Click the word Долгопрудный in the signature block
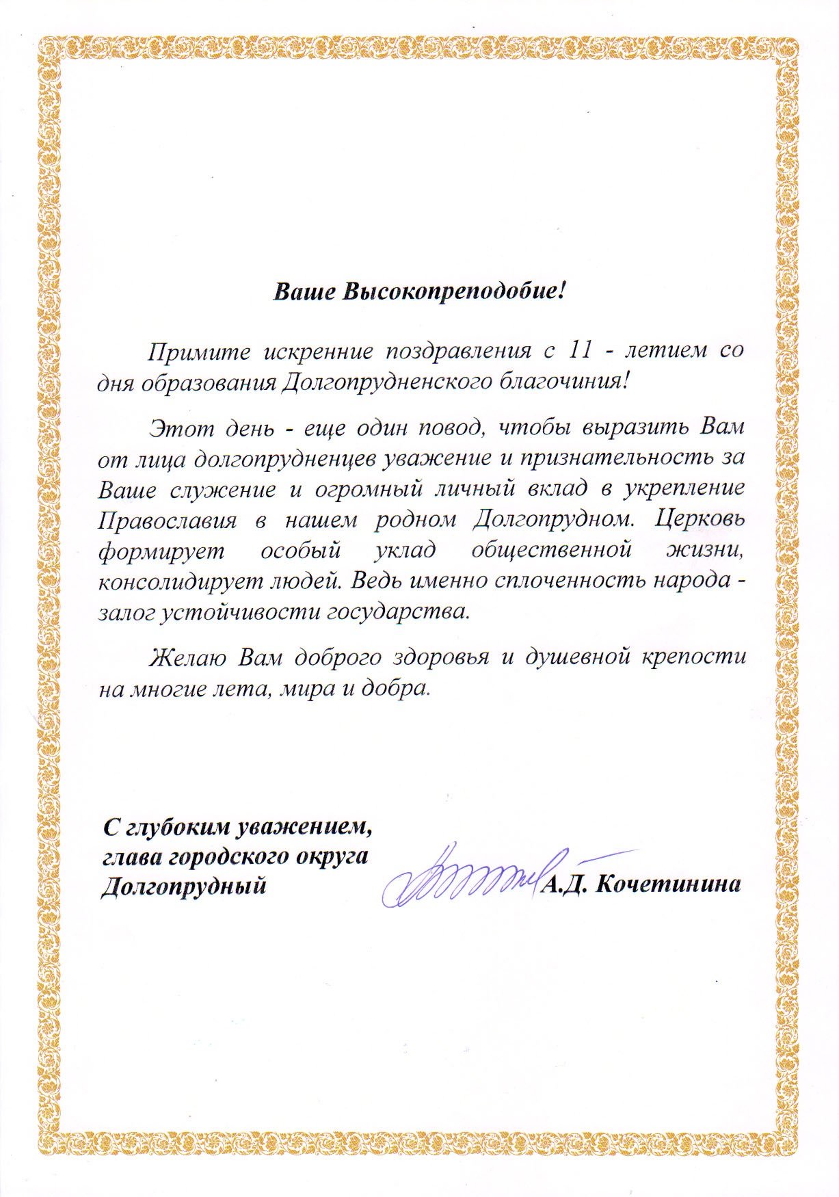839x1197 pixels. (x=183, y=886)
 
